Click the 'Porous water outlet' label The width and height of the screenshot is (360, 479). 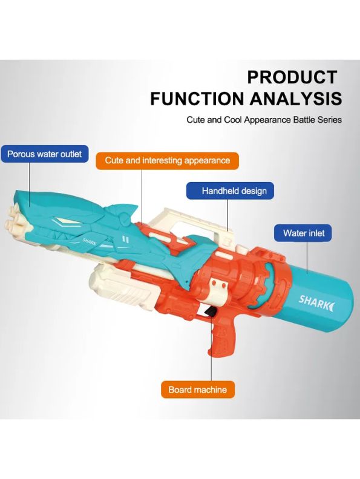click(44, 154)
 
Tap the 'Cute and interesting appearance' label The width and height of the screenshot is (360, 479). click(167, 160)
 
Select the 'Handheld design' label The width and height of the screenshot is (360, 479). click(230, 191)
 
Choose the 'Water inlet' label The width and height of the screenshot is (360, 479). click(303, 233)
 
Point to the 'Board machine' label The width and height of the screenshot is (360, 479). click(198, 389)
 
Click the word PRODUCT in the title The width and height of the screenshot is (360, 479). click(292, 77)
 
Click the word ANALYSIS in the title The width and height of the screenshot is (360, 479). click(296, 99)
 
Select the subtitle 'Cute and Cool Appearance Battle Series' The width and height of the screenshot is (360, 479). click(264, 119)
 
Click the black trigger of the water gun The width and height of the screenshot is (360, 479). click(211, 311)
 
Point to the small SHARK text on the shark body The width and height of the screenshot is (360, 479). click(90, 241)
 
